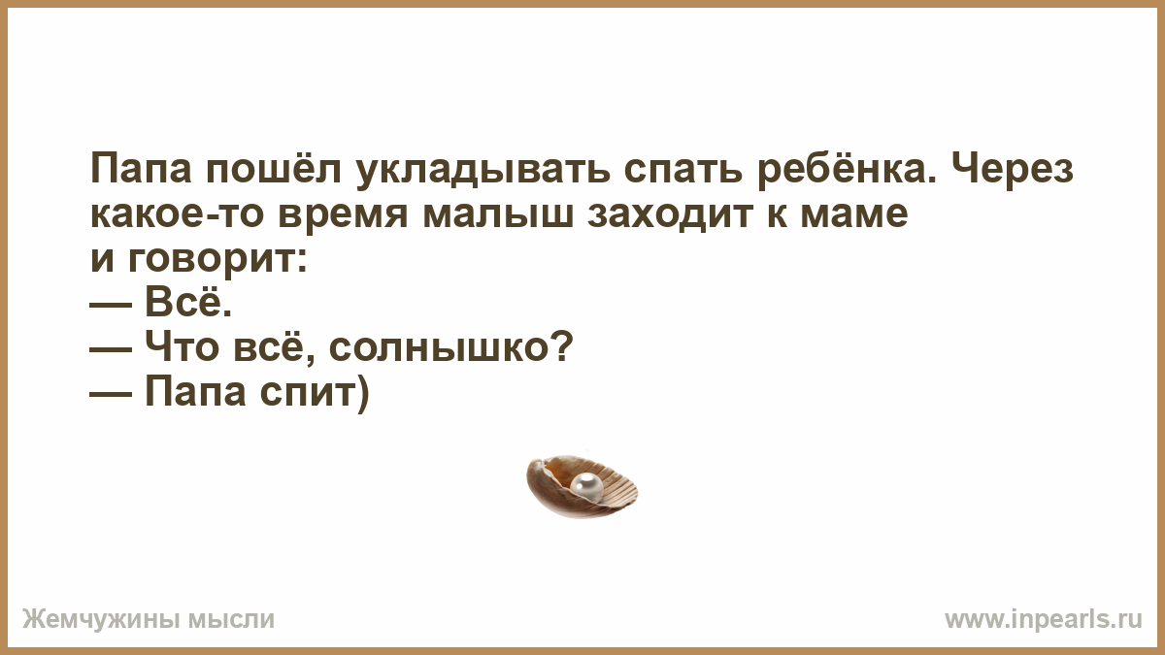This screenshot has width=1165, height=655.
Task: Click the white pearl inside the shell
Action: coord(586,487)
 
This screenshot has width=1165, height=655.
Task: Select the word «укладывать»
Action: coord(483,170)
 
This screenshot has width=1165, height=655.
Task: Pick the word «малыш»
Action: coord(498,213)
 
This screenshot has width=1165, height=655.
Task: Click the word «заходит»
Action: coord(671,213)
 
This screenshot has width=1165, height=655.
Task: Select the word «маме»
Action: coord(854,213)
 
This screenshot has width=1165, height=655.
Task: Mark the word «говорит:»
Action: coord(217,261)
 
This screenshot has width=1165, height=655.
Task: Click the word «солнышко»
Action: coord(450,346)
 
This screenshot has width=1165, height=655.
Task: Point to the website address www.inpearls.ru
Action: coord(1044,619)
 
